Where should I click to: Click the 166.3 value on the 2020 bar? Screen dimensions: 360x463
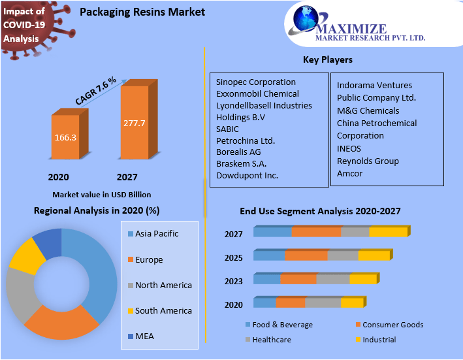(x=65, y=138)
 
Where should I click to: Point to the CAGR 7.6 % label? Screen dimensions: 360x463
(x=95, y=90)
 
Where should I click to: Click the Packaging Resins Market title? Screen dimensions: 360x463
(x=142, y=12)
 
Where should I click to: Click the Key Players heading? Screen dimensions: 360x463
(x=327, y=59)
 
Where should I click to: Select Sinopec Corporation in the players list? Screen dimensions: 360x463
(x=255, y=82)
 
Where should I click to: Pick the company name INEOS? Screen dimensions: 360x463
(x=349, y=148)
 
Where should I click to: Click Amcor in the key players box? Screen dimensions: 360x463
(x=349, y=173)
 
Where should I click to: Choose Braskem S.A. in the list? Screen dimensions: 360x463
(x=241, y=163)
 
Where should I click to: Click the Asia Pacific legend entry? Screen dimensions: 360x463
(x=156, y=234)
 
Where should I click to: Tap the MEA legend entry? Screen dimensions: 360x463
(x=144, y=336)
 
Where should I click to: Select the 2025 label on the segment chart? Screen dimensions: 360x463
(x=233, y=257)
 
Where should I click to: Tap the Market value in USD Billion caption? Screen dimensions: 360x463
(x=101, y=195)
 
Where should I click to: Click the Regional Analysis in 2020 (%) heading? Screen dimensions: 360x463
(x=97, y=210)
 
